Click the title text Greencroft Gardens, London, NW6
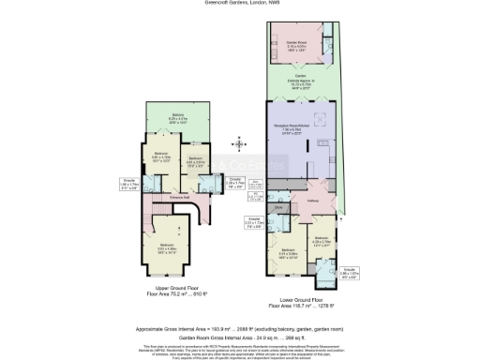click(239, 3)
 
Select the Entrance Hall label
click(179, 198)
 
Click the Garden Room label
click(297, 41)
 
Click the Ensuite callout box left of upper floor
click(128, 184)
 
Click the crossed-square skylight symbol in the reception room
click(322, 120)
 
